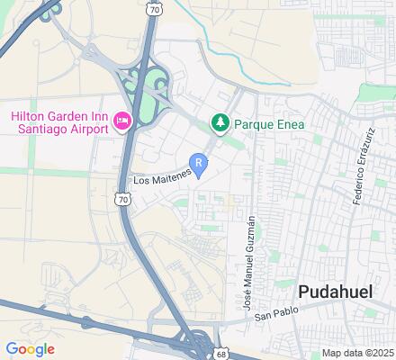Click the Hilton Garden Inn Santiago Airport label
tap(59, 121)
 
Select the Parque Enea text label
tap(268, 123)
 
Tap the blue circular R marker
tap(200, 163)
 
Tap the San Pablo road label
tap(274, 316)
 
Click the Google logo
tap(30, 348)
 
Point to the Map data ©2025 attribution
tap(358, 352)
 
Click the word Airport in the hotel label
tap(87, 128)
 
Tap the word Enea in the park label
tap(288, 123)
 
